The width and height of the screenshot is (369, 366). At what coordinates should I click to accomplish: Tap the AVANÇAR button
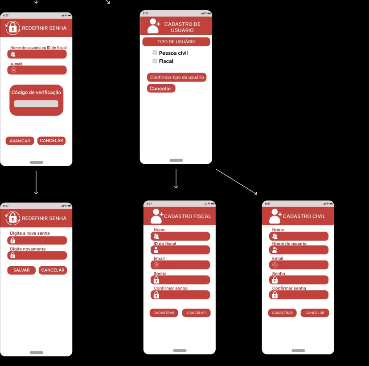pos(20,141)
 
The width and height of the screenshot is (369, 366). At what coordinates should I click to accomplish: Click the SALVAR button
pos(21,270)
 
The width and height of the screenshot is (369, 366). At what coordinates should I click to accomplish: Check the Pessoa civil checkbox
pos(155,53)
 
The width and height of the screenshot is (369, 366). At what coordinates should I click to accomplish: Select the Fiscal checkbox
pos(155,61)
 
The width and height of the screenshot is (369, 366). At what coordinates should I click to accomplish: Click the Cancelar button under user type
pos(161,89)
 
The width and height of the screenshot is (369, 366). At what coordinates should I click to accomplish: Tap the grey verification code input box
pos(36,104)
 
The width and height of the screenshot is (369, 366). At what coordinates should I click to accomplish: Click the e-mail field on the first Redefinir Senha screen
pos(37,70)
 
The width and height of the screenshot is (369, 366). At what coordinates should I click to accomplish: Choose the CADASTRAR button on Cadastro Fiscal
pos(164,313)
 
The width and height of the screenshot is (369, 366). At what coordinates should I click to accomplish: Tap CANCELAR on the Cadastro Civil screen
pos(315,313)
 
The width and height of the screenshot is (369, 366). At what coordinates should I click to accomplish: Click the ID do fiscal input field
pos(180,250)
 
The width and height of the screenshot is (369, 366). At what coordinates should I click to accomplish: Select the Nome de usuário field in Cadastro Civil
pos(299,250)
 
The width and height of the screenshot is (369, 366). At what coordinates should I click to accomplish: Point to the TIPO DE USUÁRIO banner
pos(176,41)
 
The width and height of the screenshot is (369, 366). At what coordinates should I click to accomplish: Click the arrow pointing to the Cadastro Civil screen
pos(236,182)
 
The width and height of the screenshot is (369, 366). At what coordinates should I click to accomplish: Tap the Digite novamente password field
pos(37,255)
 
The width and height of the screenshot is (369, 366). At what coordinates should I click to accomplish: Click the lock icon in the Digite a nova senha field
pos(13,240)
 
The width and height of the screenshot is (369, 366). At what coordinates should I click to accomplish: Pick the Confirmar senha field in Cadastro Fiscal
pos(180,295)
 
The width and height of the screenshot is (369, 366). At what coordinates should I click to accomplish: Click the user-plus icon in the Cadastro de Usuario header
pos(154,26)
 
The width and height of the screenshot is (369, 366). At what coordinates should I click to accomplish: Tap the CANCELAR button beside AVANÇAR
pos(52,141)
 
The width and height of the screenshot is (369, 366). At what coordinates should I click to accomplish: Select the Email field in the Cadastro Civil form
pos(299,265)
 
